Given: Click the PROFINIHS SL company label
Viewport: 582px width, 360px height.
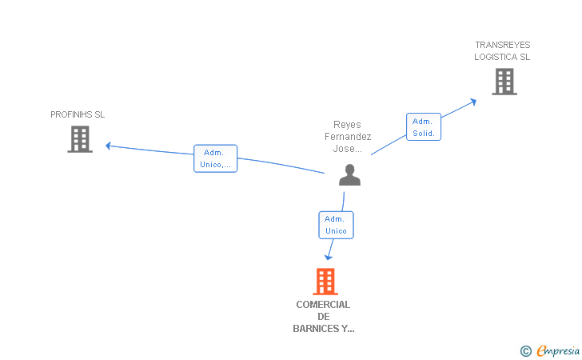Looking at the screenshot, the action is coord(78,114).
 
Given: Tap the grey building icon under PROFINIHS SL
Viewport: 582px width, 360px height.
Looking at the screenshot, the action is coord(80,139).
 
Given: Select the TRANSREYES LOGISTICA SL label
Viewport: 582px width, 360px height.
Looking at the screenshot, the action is coord(502,51).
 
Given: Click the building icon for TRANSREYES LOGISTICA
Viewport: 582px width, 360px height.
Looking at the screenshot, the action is coord(504,82).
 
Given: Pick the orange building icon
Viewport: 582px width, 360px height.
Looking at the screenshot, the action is coord(325,282).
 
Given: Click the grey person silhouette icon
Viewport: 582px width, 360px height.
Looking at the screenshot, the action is coord(349,175).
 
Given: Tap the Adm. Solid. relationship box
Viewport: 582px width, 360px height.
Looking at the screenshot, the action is coord(424,127).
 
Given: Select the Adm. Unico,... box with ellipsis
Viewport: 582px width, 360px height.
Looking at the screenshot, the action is coord(215,158).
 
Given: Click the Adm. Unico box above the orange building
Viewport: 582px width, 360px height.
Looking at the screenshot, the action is coord(336,225).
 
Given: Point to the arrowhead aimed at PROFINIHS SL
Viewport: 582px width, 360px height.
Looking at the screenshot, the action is coord(108,146).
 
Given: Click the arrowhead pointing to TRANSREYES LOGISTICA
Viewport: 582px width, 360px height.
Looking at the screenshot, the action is coord(473,102).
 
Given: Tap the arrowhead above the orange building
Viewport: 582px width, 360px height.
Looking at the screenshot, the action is coord(329,258).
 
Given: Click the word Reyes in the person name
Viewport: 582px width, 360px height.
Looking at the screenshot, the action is coord(347,125).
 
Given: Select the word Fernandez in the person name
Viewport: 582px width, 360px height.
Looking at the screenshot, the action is coord(348,137).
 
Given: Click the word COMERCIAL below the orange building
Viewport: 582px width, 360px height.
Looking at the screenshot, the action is coord(323,305).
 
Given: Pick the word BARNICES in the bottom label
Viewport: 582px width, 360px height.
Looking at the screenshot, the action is coord(316,329).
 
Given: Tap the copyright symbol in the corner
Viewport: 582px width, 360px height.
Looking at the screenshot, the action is coord(525,351).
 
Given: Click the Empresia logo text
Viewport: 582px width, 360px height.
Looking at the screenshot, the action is coord(558,351).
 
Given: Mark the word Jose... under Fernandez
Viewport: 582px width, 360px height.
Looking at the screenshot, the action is coord(348,149).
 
